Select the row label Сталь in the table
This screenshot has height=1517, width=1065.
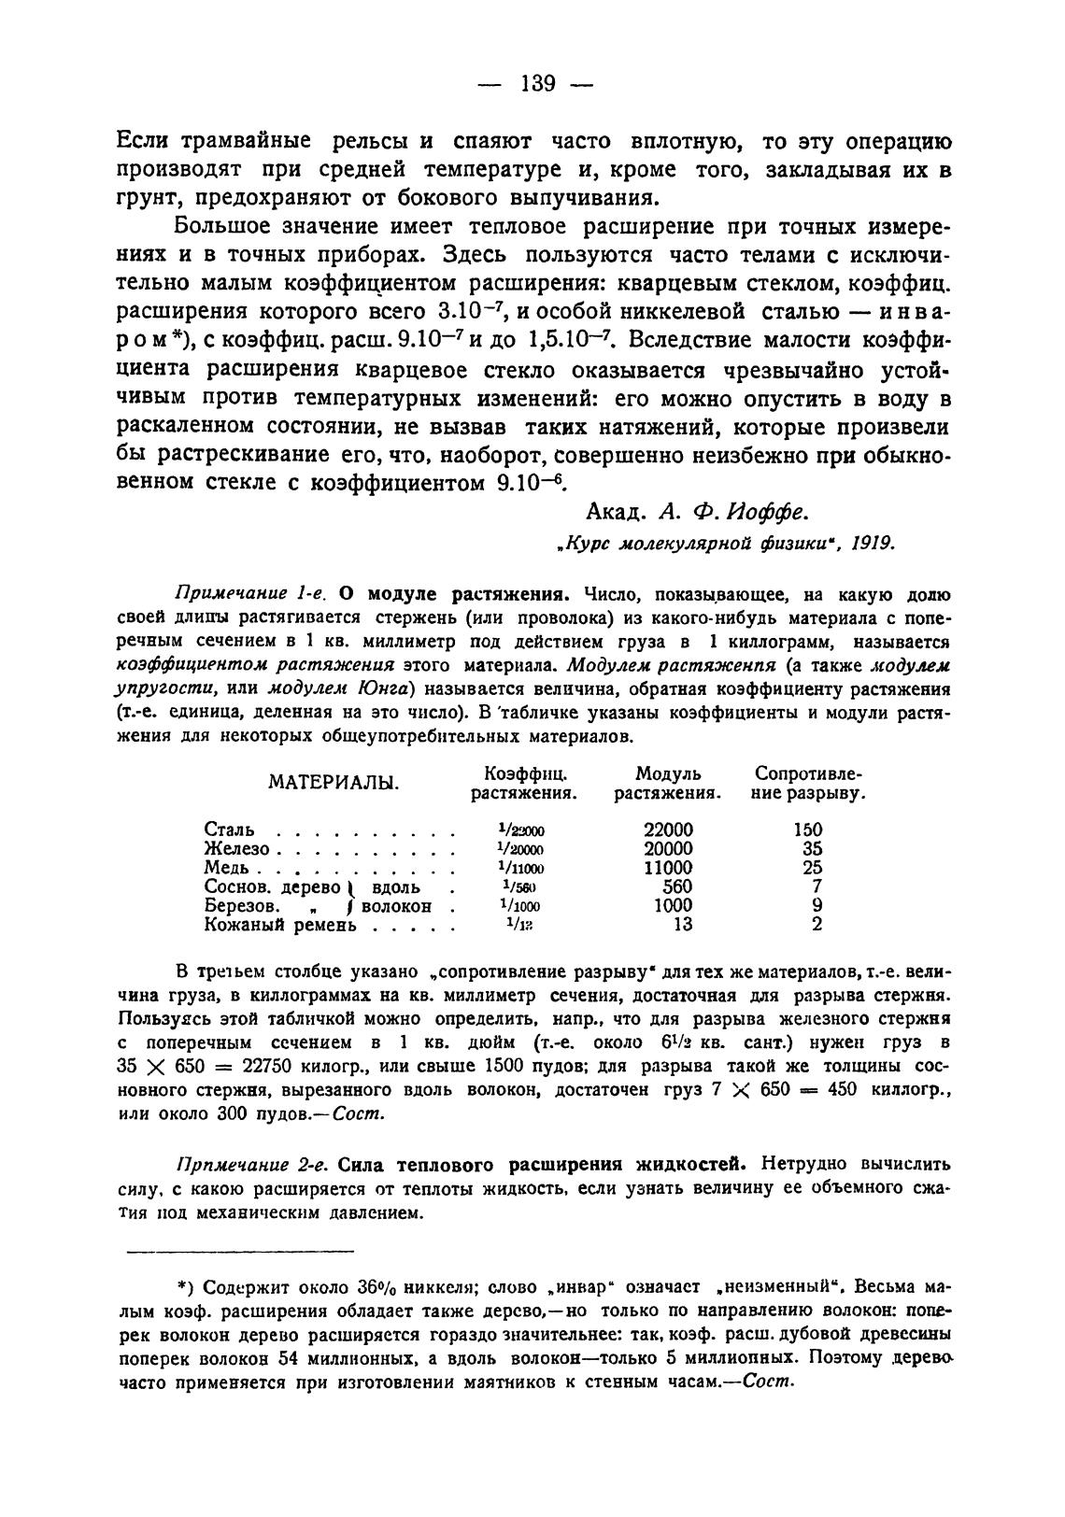coord(228,829)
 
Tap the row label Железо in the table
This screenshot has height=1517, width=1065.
coord(236,849)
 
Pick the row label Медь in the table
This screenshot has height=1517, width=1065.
coord(227,868)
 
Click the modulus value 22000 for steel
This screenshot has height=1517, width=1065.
coord(669,829)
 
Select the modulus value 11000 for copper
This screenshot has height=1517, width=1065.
coord(669,868)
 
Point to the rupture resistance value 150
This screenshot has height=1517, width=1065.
coord(808,829)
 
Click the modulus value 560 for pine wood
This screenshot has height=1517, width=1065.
coord(676,886)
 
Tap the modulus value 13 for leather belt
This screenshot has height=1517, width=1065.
coord(683,925)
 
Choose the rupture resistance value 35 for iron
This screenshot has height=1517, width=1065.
coord(813,849)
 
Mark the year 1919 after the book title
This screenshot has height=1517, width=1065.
coord(872,542)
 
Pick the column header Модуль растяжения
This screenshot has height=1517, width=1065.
coord(669,784)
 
